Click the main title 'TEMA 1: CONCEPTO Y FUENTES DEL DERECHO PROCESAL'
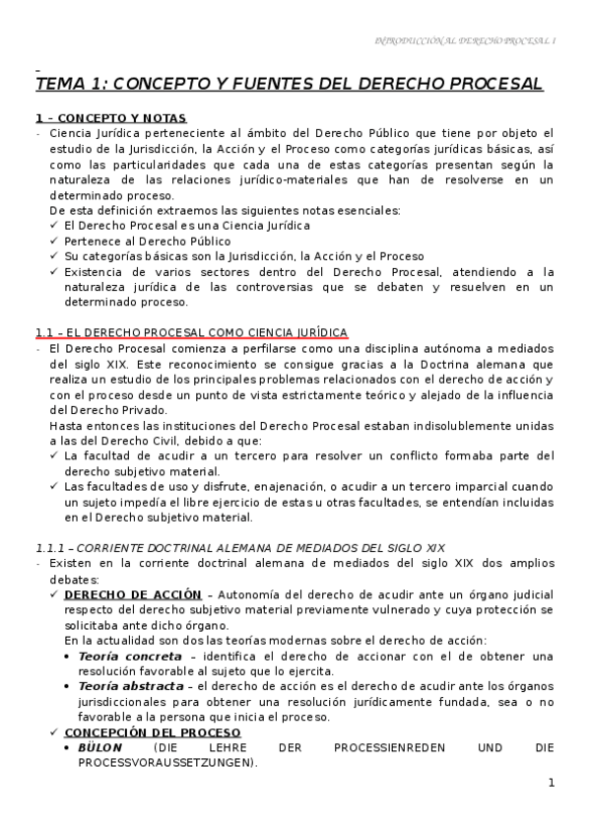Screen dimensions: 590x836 click(x=289, y=84)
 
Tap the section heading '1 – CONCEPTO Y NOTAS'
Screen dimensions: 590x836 click(x=110, y=117)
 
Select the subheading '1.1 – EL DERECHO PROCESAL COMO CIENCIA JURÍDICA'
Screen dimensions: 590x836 click(x=191, y=332)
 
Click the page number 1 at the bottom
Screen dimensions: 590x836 click(x=553, y=783)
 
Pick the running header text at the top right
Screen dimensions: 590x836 click(x=467, y=40)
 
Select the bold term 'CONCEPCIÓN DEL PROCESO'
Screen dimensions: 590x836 click(x=152, y=732)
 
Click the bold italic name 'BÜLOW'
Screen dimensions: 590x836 click(x=99, y=748)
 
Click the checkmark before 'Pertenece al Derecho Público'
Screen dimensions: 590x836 click(x=53, y=242)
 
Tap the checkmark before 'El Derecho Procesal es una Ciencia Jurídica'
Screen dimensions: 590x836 click(x=53, y=226)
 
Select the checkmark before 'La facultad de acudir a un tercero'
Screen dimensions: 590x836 click(x=53, y=455)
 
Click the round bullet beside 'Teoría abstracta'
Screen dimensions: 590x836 click(x=68, y=686)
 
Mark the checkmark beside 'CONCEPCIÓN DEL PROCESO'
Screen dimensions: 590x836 click(x=53, y=732)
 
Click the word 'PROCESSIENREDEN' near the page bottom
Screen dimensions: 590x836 click(x=385, y=748)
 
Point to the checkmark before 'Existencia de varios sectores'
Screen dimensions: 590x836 click(x=53, y=272)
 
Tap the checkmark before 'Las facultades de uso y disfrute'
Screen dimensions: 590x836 click(x=53, y=486)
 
